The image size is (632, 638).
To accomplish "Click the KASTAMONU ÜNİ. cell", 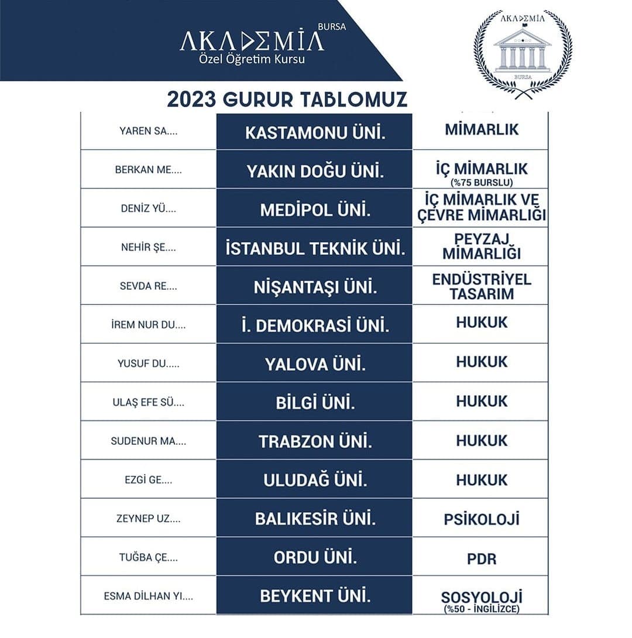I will (315, 131).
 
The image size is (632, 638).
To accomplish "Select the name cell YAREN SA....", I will (148, 131).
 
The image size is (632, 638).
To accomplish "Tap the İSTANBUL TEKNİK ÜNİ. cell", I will (315, 248).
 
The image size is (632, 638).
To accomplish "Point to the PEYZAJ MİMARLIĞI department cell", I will (481, 247).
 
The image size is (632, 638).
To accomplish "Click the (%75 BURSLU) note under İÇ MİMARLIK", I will (480, 182).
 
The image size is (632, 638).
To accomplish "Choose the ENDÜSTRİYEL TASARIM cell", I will (481, 286).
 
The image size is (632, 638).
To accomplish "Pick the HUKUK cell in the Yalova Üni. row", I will (481, 362).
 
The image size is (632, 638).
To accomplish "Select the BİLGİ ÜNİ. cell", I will (315, 403).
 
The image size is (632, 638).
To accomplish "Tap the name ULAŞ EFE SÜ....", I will (148, 402).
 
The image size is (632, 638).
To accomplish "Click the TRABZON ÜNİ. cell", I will (315, 441).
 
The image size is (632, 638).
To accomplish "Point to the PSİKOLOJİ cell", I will (481, 519).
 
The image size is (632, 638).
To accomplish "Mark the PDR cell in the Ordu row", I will (481, 558).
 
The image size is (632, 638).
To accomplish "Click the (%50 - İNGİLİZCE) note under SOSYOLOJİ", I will (481, 609).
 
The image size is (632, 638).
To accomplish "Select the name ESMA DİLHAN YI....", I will (148, 597).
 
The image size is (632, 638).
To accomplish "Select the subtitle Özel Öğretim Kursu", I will (252, 59).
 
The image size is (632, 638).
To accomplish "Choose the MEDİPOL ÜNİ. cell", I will (315, 209).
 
